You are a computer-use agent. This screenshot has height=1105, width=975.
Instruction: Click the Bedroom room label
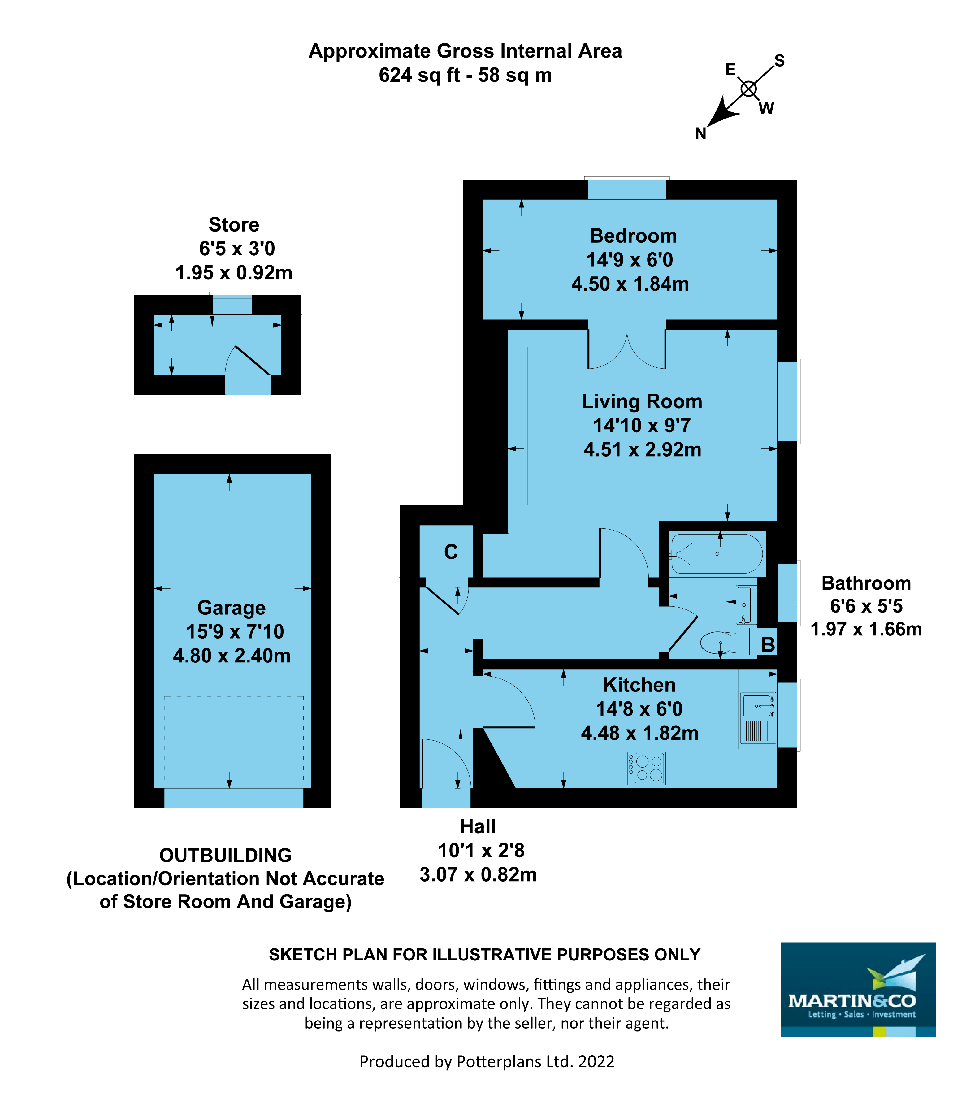pos(633,236)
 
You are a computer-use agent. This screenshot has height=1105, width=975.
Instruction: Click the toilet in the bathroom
pos(716,643)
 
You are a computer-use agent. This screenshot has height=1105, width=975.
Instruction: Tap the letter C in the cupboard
pos(451,552)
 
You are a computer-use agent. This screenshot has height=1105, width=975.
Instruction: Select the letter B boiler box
pos(767,644)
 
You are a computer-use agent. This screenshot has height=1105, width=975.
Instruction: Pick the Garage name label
pos(231,608)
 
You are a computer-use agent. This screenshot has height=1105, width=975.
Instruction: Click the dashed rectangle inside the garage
pos(233,738)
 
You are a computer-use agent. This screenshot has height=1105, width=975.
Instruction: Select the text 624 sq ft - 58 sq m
pos(465,75)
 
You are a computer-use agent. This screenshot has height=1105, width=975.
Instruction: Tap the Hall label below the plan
pos(478,826)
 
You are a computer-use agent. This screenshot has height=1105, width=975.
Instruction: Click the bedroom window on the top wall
pos(627,189)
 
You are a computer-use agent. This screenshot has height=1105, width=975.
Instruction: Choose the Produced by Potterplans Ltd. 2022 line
pos(487,1061)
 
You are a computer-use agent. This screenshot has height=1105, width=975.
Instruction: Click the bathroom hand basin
pos(744,605)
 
